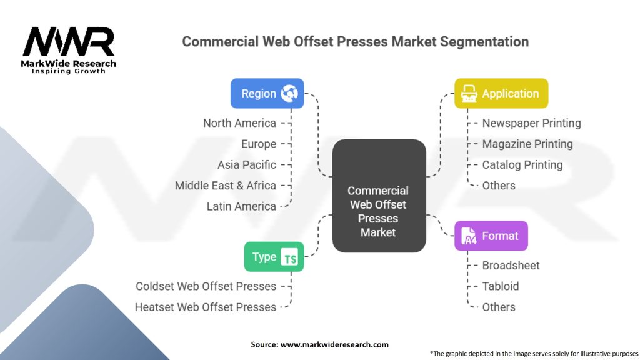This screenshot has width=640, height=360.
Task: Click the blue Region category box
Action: point(267,93)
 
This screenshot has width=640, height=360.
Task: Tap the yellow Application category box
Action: point(501,93)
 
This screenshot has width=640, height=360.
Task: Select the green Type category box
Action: point(274,256)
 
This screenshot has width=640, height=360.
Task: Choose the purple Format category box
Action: point(491,236)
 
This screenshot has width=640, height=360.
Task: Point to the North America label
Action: point(239,123)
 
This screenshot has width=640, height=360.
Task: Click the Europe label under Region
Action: point(259,144)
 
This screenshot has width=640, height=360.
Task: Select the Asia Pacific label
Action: point(247,165)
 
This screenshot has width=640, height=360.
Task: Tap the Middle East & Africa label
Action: point(226,186)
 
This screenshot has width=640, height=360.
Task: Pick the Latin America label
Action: point(241,206)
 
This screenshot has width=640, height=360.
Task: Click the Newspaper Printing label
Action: point(531,123)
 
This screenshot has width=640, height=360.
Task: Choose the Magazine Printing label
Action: point(527,144)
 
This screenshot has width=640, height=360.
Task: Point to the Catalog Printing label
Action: point(522,165)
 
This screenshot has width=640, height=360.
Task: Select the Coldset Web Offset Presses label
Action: point(206,286)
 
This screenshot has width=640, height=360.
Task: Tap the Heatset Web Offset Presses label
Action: point(206,307)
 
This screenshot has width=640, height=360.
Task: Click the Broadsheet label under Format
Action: point(511,266)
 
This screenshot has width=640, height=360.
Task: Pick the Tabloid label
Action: point(501,286)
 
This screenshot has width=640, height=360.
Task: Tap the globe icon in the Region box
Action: point(289,93)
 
